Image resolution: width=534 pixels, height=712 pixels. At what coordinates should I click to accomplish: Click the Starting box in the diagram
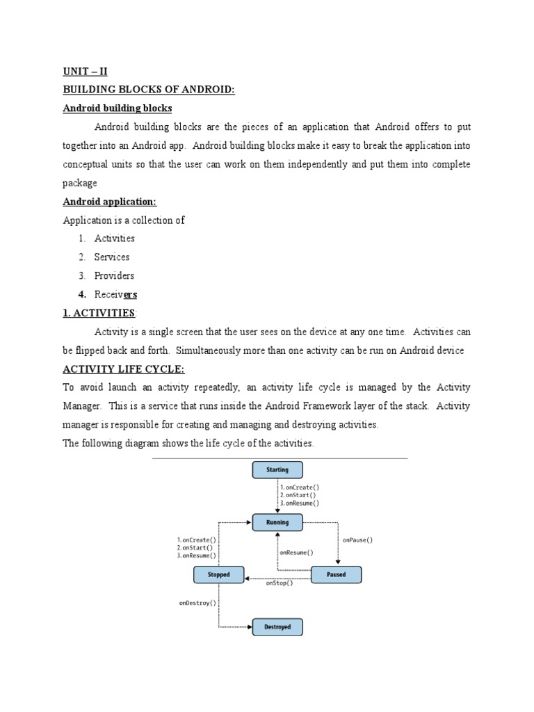point(277,470)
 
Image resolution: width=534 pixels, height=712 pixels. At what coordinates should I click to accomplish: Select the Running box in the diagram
point(277,522)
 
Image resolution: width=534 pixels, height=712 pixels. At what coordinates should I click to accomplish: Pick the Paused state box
point(336,575)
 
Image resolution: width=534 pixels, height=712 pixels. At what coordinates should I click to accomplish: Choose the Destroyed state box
point(277,627)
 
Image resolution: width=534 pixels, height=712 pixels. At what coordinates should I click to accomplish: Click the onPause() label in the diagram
point(358,540)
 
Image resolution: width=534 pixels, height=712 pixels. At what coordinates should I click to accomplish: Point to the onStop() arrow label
point(280,583)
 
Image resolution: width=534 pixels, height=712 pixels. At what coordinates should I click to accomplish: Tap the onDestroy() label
point(197,604)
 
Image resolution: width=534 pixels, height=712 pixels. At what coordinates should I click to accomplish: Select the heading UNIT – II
point(86,72)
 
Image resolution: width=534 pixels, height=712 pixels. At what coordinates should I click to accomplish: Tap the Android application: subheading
point(110,202)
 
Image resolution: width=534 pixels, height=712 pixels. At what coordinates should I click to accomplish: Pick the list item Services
point(112,257)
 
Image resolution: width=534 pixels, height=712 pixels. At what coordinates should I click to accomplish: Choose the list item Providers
point(114,276)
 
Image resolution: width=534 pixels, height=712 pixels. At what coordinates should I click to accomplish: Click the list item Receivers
point(115,295)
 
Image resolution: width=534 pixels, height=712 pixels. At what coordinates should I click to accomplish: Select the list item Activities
point(115,238)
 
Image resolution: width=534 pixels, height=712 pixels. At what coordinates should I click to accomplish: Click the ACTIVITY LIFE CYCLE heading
point(124,369)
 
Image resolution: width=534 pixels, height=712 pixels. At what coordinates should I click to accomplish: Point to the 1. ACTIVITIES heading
point(99,314)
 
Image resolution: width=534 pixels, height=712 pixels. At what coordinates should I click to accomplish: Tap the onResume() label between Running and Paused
point(296,553)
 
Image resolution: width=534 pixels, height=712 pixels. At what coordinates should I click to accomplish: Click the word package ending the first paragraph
point(80,184)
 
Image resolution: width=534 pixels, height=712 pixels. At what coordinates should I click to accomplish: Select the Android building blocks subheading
point(118,108)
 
